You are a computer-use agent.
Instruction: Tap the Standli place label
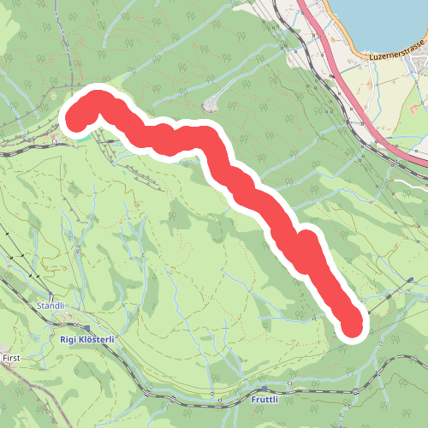click(51, 306)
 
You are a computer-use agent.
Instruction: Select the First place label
click(11, 357)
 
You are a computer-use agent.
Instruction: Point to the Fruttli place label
click(265, 400)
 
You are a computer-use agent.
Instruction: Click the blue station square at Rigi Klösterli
click(87, 327)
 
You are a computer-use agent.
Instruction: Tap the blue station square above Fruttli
click(265, 388)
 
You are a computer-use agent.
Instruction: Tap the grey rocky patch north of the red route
click(211, 106)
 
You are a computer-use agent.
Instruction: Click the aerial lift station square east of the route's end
click(412, 280)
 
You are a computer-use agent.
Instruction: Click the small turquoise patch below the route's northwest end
click(86, 135)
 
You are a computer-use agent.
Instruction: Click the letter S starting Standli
click(39, 306)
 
